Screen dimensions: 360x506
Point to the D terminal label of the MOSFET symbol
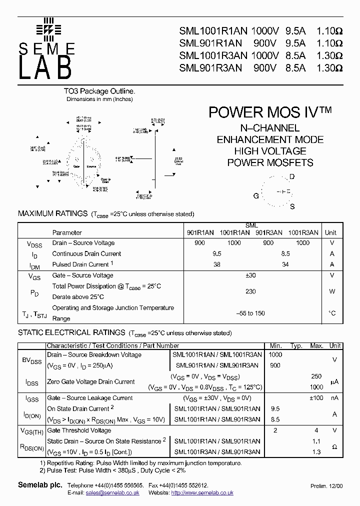point(292,177)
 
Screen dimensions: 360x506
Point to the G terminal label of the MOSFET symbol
point(256,196)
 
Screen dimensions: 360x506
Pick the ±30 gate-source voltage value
point(251,275)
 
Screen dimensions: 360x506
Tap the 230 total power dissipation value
point(251,291)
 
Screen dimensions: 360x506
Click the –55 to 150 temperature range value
point(250,313)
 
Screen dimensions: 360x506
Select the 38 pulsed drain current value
point(217,264)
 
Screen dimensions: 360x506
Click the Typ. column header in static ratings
point(297,345)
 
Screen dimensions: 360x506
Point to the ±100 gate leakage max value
point(316,398)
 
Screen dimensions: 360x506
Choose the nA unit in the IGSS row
point(334,398)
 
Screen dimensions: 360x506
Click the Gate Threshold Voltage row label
point(79,430)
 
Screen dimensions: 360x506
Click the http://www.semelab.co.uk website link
point(202,493)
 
